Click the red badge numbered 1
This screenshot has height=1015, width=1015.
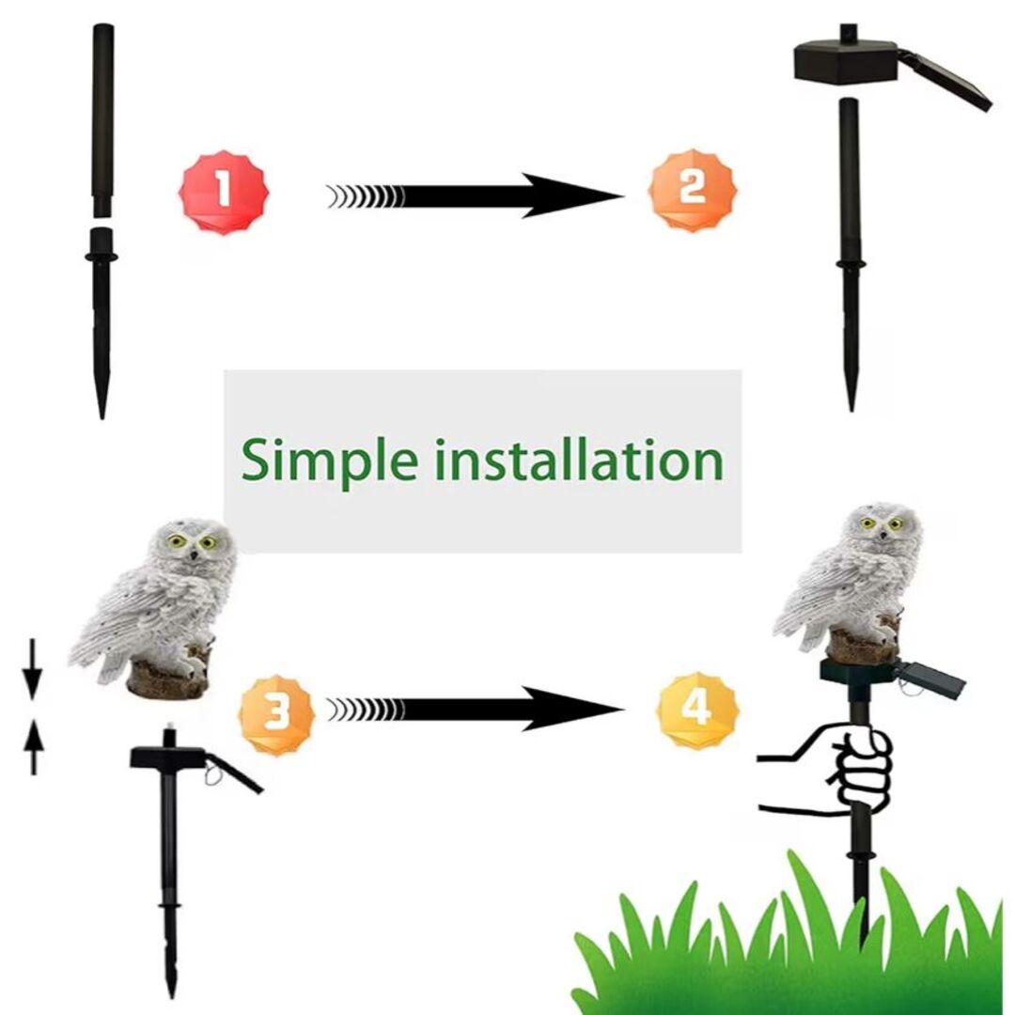224,193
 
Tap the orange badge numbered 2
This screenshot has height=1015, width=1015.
692,190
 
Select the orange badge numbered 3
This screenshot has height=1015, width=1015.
276,714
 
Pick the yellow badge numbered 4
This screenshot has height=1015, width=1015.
697,710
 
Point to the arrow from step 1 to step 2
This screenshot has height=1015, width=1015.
476,195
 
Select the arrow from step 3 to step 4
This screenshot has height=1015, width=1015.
476,710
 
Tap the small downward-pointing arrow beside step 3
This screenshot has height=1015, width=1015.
32,670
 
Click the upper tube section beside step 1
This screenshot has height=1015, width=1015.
103,120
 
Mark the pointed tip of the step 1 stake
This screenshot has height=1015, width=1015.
101,417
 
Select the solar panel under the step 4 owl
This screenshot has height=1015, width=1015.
929,679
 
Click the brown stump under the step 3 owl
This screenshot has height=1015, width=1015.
169,677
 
